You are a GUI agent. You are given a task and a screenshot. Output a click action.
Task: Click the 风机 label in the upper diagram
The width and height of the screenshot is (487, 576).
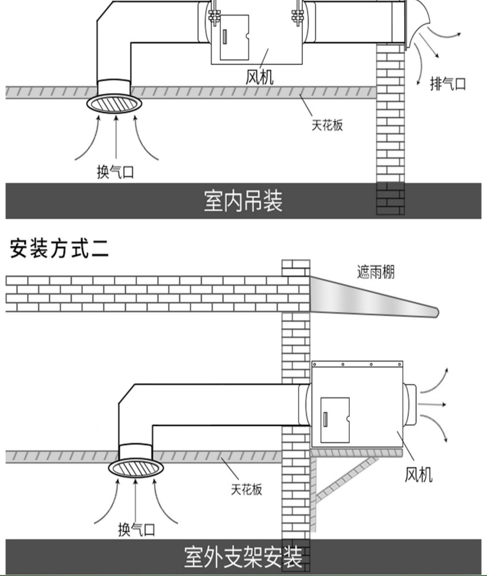pyautogui.click(x=259, y=77)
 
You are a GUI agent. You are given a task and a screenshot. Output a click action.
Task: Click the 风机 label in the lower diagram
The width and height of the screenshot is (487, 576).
pyautogui.click(x=418, y=475)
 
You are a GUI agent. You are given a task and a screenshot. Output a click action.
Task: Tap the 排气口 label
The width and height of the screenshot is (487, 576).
pyautogui.click(x=448, y=84)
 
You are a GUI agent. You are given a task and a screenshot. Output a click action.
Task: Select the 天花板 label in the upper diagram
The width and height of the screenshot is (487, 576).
pyautogui.click(x=327, y=125)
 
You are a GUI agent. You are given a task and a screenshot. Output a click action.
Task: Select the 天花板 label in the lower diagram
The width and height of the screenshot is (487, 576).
pyautogui.click(x=246, y=489)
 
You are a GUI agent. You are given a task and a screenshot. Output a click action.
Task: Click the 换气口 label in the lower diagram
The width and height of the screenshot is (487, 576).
pyautogui.click(x=136, y=530)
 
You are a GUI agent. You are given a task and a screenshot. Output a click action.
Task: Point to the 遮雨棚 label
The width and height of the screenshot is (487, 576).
pyautogui.click(x=376, y=272)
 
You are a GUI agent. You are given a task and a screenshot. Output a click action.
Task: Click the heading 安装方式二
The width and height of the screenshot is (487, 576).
pyautogui.click(x=59, y=249)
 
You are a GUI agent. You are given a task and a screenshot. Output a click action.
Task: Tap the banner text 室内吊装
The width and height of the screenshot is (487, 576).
pyautogui.click(x=243, y=201)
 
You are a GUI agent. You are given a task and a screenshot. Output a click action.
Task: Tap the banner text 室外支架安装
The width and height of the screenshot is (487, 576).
pyautogui.click(x=243, y=557)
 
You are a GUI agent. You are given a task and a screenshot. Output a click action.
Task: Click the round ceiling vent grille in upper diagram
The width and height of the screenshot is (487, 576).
pyautogui.click(x=114, y=104)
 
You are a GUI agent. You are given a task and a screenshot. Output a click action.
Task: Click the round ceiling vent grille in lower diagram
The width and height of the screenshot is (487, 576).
pyautogui.click(x=136, y=468)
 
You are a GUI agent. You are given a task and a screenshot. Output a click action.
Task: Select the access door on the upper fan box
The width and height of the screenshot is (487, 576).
pyautogui.click(x=234, y=37)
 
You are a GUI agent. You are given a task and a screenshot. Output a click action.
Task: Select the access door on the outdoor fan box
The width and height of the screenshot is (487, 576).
pyautogui.click(x=335, y=420)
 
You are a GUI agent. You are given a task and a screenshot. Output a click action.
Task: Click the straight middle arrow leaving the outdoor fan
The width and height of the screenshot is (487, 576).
pyautogui.click(x=432, y=405)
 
